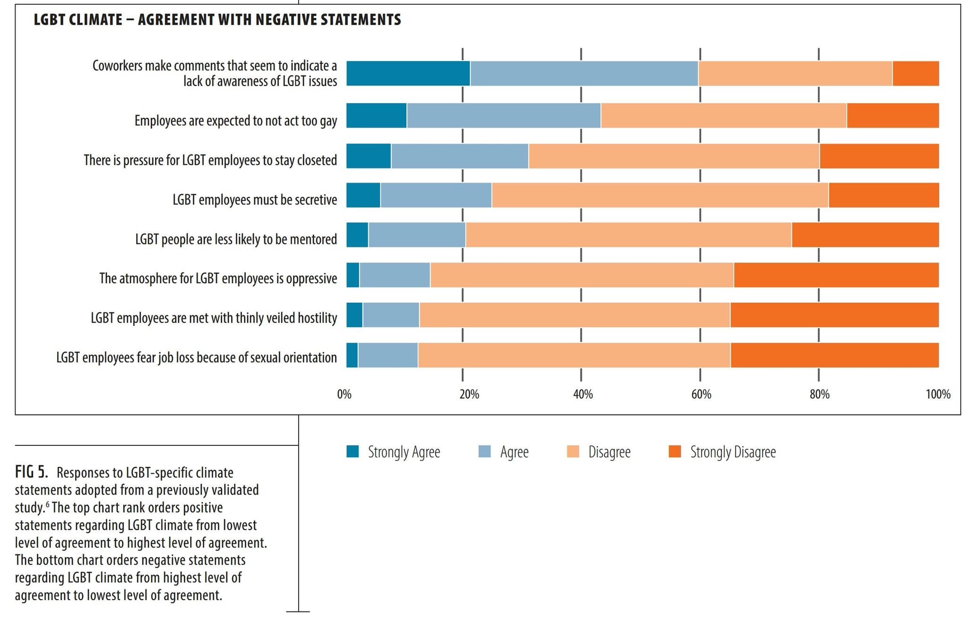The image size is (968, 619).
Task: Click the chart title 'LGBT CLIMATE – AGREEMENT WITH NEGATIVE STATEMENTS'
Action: (217, 20)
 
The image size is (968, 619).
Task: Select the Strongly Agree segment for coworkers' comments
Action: (408, 73)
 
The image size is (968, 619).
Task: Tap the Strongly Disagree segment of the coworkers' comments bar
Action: (916, 73)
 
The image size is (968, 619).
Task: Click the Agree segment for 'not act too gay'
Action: (503, 115)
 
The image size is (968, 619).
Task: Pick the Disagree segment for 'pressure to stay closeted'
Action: (674, 156)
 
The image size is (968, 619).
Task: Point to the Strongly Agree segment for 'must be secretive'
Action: (363, 195)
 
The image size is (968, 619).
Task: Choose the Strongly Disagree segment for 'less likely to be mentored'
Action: (865, 235)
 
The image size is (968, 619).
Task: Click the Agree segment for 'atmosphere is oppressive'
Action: (395, 275)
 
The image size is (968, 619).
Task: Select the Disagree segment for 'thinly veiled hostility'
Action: (574, 315)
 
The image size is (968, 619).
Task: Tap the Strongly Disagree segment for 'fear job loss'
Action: (834, 355)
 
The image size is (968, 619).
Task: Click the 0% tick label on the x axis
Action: (344, 394)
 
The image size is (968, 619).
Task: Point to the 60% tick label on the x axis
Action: (701, 394)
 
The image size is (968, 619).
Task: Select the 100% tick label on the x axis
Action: (938, 394)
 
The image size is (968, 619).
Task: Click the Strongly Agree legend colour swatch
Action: (353, 452)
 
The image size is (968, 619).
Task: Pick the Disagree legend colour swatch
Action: (573, 452)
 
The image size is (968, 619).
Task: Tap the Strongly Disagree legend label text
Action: (733, 452)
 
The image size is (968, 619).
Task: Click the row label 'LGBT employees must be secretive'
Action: (255, 200)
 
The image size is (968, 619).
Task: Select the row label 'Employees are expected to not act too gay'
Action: (235, 121)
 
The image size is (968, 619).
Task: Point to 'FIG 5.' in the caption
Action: (31, 472)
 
